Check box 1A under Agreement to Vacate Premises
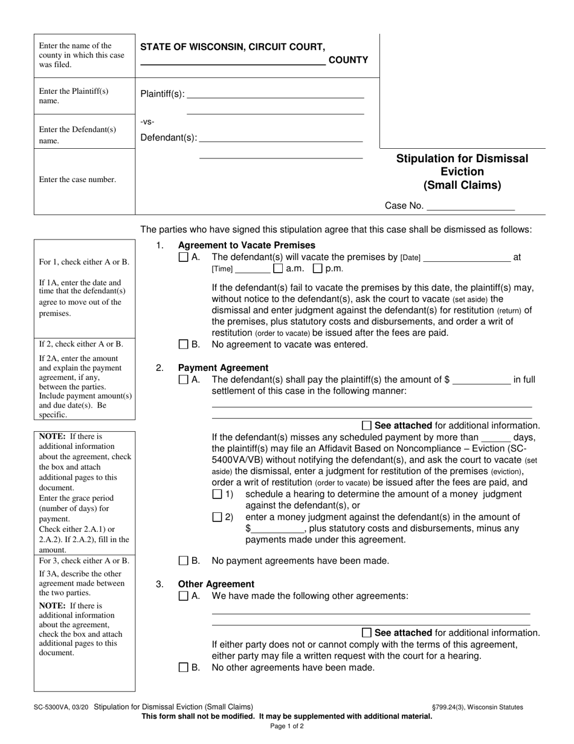coord(184,257)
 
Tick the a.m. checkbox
coord(278,268)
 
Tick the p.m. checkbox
coord(317,268)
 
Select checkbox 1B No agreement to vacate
coord(184,345)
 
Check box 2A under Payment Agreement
coord(184,380)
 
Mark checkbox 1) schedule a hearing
coord(218,494)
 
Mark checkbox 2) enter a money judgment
coord(218,517)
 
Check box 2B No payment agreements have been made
coord(184,561)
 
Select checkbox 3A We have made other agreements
coord(184,596)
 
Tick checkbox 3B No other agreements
coord(184,668)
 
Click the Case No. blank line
coord(470,206)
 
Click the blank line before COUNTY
coord(233,60)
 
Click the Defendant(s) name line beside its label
coord(281,137)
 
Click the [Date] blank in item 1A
coord(466,257)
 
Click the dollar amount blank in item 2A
coord(482,380)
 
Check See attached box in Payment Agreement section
coord(367,425)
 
